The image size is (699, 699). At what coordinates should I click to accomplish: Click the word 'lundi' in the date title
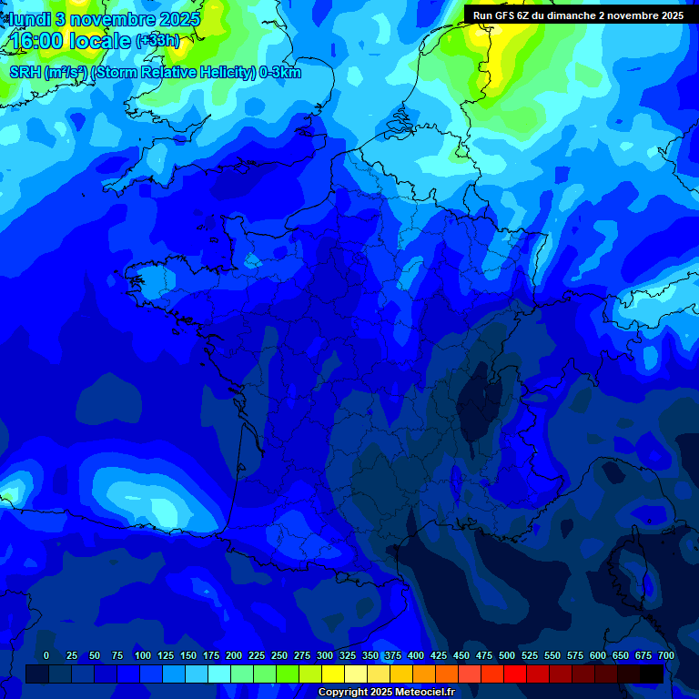(x=30, y=19)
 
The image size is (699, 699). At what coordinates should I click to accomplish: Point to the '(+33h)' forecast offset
(x=157, y=40)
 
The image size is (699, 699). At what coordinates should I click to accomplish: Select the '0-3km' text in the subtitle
(x=280, y=73)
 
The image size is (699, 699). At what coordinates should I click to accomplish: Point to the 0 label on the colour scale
(x=46, y=655)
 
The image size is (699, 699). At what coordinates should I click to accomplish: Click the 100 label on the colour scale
(x=142, y=655)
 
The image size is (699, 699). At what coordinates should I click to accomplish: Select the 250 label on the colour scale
(x=279, y=655)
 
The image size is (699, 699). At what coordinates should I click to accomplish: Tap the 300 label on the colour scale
(x=325, y=655)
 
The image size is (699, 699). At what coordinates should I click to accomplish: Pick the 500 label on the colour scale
(x=507, y=655)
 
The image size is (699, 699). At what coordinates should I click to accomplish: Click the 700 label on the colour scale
(x=665, y=655)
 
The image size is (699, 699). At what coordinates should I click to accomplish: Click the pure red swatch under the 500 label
(x=515, y=674)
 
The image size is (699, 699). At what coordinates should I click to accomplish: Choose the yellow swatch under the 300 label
(x=333, y=674)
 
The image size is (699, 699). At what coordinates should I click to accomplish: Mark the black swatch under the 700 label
(x=652, y=674)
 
